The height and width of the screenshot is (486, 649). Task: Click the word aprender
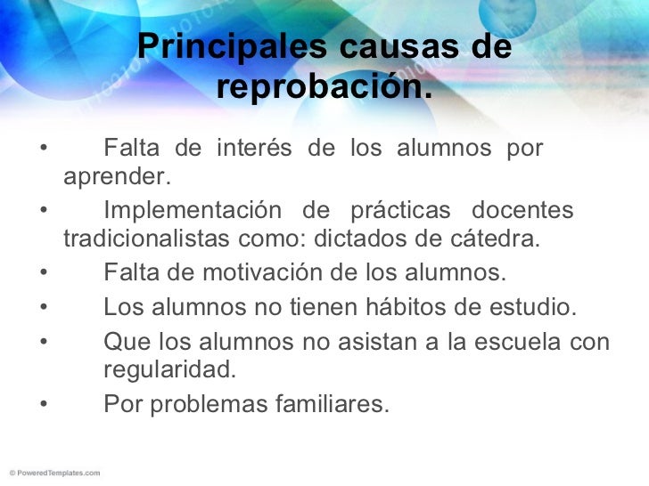116,175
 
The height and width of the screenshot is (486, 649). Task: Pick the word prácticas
395,211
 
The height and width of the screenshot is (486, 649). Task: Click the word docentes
522,211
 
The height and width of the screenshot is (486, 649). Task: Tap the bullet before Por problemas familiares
43,405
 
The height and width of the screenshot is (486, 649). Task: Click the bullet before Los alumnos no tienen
43,307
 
